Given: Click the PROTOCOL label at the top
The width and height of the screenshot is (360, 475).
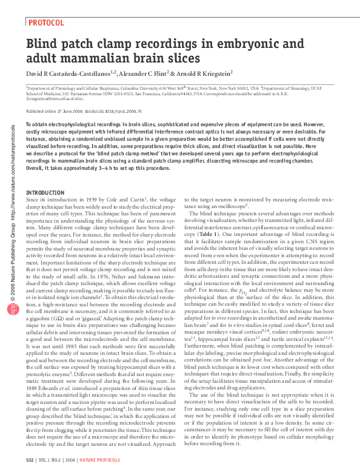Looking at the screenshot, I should tap(47, 23).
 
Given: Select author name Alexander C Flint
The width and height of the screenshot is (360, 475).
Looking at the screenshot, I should tap(161, 73).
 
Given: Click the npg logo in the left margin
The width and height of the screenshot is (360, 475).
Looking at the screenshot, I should tap(13, 308).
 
